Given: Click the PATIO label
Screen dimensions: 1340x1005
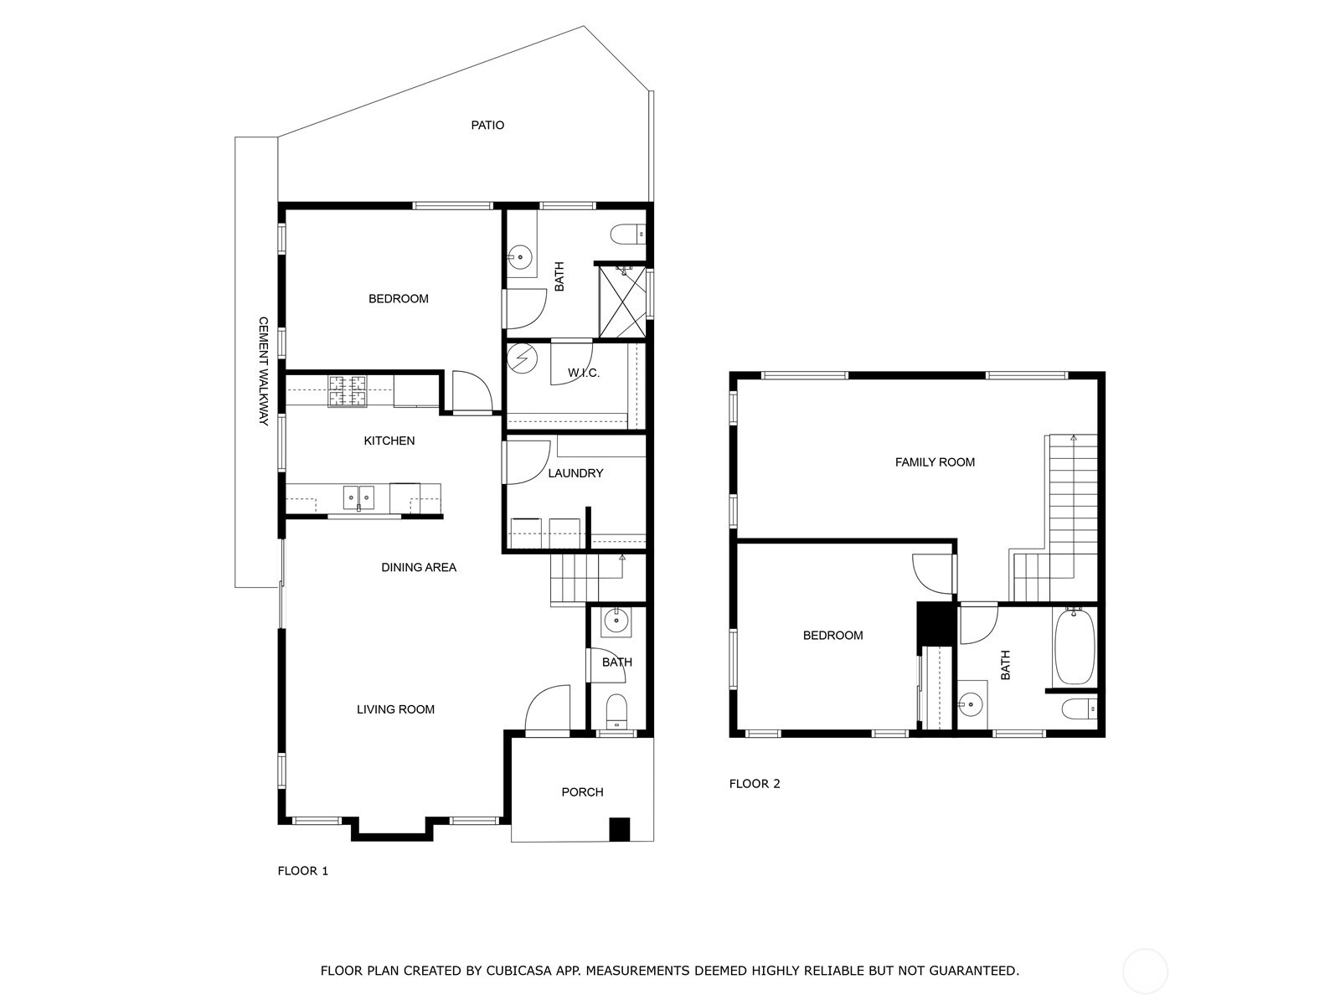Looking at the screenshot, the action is tap(487, 125).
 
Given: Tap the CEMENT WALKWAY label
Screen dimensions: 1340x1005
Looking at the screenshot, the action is tap(263, 371).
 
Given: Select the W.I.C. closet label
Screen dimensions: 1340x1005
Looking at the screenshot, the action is tap(584, 373).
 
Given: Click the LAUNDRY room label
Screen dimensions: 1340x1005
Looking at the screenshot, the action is tap(575, 473).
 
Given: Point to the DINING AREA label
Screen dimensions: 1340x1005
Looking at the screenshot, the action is tap(419, 568).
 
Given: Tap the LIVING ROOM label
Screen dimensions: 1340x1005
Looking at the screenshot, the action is tap(395, 709).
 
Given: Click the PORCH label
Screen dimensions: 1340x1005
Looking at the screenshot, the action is tap(582, 792).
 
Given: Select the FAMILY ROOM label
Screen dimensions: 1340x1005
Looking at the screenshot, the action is tap(935, 462).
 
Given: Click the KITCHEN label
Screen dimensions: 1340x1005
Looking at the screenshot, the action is tap(389, 441).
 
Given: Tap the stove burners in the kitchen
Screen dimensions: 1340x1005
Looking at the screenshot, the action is tap(348, 391).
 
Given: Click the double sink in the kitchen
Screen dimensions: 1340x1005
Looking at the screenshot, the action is tap(358, 497).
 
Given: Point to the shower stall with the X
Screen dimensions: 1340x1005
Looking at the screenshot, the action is tap(622, 301).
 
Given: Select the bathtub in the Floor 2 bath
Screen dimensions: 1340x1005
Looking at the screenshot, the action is tap(1075, 646).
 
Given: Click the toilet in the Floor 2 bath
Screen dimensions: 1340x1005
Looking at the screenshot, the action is tap(1080, 709).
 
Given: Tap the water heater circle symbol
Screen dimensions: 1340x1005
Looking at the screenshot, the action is tap(522, 358).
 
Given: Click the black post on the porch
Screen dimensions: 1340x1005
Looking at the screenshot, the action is tap(620, 829).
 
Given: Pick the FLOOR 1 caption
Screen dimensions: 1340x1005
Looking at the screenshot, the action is tap(303, 871).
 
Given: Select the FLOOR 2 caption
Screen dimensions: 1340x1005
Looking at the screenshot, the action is tap(755, 784).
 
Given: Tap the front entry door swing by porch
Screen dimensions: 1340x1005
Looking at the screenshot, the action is tap(547, 708).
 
